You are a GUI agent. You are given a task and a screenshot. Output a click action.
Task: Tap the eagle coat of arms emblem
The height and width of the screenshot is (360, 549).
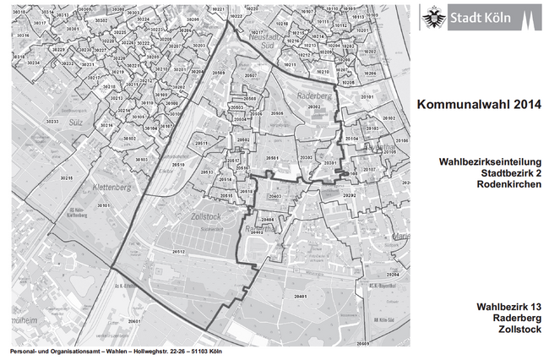click(x=435, y=16)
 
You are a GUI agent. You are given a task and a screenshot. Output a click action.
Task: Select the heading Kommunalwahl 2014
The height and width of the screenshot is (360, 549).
click(x=478, y=106)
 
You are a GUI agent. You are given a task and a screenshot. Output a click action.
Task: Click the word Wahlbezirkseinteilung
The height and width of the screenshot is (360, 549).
click(x=490, y=161)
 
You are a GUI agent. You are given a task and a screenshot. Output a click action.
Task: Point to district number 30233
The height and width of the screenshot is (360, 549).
click(x=52, y=122)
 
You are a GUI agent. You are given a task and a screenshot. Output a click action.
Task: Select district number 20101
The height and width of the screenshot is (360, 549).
click(x=367, y=99)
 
